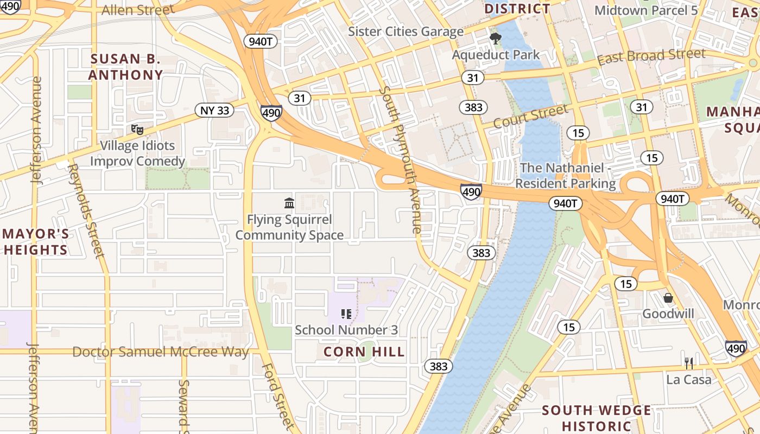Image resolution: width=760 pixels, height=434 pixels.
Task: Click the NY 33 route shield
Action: coord(214,111)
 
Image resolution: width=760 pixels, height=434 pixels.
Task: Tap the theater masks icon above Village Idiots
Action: coord(137,129)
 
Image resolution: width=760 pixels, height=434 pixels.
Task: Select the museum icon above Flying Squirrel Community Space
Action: coord(289,203)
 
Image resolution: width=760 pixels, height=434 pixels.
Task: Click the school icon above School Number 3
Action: coord(346,314)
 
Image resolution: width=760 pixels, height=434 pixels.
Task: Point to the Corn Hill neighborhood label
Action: coord(364,352)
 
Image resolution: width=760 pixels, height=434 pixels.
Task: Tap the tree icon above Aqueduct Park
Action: coord(495,38)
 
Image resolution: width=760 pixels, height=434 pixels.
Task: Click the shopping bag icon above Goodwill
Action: coord(668,298)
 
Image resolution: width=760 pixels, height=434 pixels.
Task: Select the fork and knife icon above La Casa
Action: coord(688,363)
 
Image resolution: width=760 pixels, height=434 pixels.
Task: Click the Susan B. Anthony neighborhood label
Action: coord(125,67)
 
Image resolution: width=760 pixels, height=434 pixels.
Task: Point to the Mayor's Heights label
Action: coord(36,242)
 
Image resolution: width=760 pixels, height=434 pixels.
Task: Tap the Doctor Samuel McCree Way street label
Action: coord(161,352)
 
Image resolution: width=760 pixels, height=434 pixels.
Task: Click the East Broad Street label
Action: coord(651,56)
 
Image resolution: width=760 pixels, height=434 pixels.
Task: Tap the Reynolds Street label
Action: coord(86,210)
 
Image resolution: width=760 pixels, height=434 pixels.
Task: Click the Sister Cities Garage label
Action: coord(406,31)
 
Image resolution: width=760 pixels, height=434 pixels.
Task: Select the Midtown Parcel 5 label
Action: coord(646,10)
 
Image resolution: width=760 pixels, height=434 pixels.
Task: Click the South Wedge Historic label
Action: coord(597,418)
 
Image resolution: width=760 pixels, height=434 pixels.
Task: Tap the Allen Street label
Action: coord(138,10)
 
